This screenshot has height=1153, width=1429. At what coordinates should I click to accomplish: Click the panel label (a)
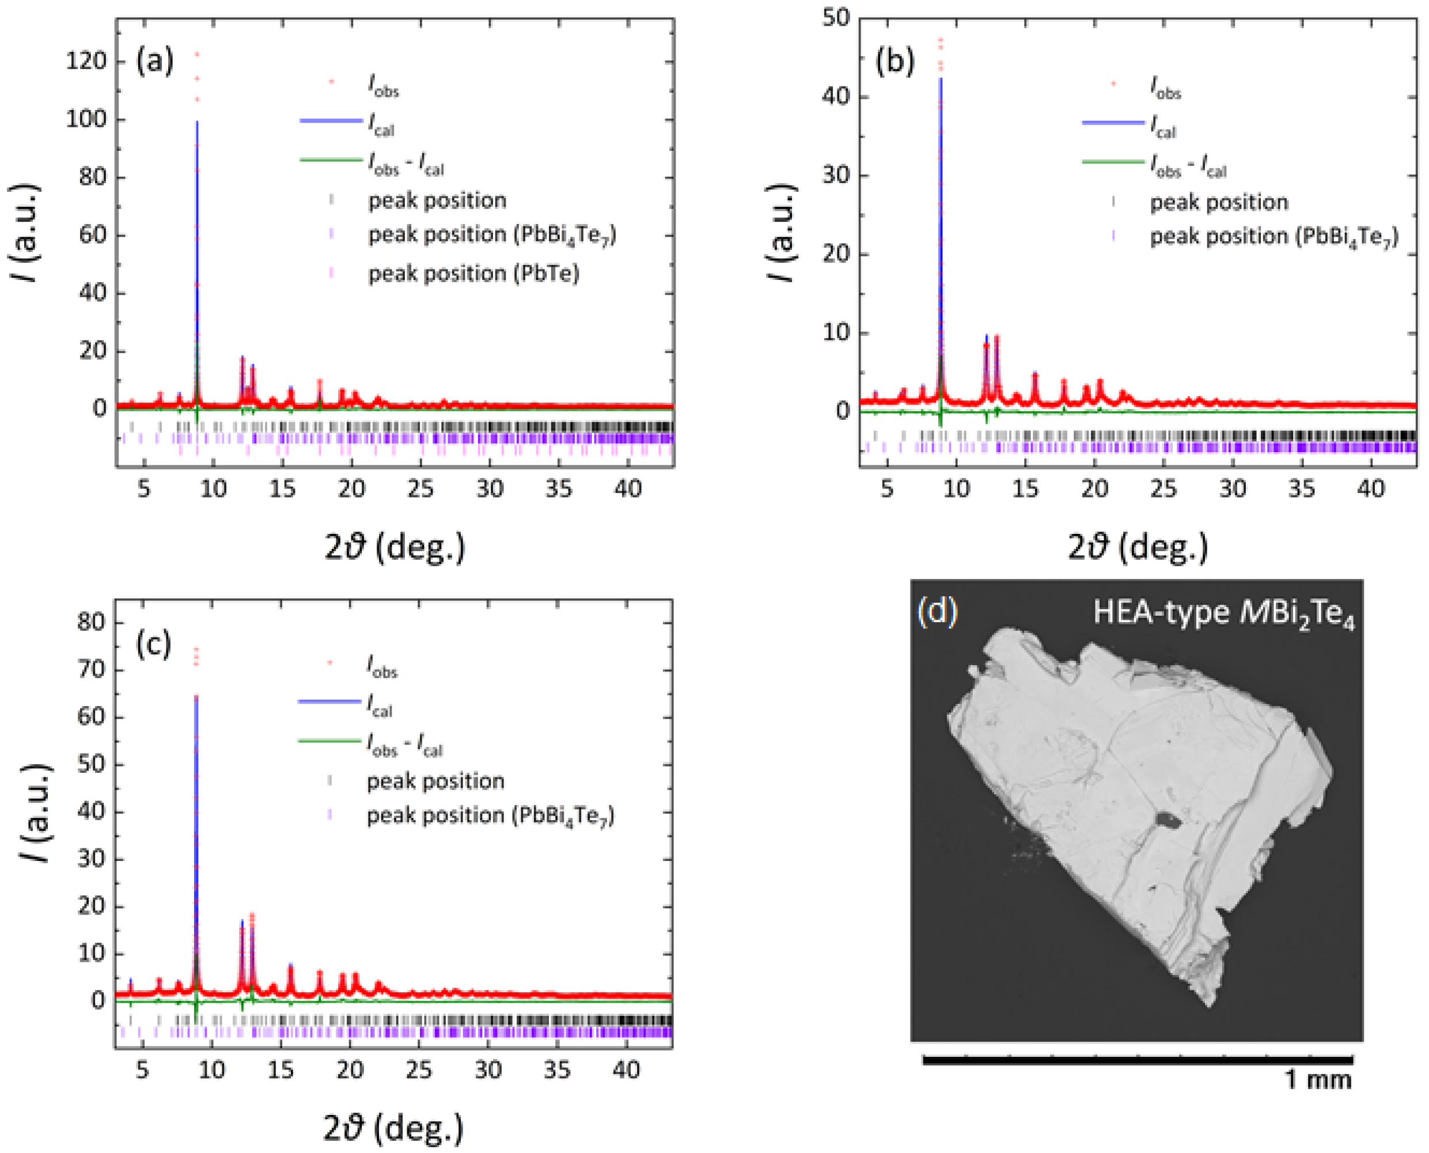click(x=154, y=60)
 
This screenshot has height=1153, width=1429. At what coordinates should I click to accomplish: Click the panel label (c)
click(x=153, y=643)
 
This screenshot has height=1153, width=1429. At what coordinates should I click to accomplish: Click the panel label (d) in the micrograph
click(x=937, y=610)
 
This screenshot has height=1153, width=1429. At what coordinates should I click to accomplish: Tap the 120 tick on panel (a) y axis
click(x=86, y=61)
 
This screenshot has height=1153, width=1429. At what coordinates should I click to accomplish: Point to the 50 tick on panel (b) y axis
click(x=836, y=18)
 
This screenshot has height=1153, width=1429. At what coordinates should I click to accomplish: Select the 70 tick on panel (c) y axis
click(x=90, y=669)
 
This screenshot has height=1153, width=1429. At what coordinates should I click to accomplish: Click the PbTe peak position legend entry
click(x=473, y=273)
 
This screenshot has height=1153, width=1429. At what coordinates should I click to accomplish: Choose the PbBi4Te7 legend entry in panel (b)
click(x=1273, y=237)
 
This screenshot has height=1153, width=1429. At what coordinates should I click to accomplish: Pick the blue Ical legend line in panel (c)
click(x=329, y=701)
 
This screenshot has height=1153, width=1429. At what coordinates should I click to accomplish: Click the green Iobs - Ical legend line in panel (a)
click(x=330, y=160)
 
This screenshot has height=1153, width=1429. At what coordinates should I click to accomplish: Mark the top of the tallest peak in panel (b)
click(x=940, y=40)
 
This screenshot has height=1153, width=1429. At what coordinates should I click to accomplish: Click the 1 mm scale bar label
click(x=1317, y=1080)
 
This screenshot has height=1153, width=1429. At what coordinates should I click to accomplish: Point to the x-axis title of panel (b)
click(x=1138, y=547)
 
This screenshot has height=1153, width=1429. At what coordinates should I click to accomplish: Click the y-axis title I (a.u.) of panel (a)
click(x=25, y=233)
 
